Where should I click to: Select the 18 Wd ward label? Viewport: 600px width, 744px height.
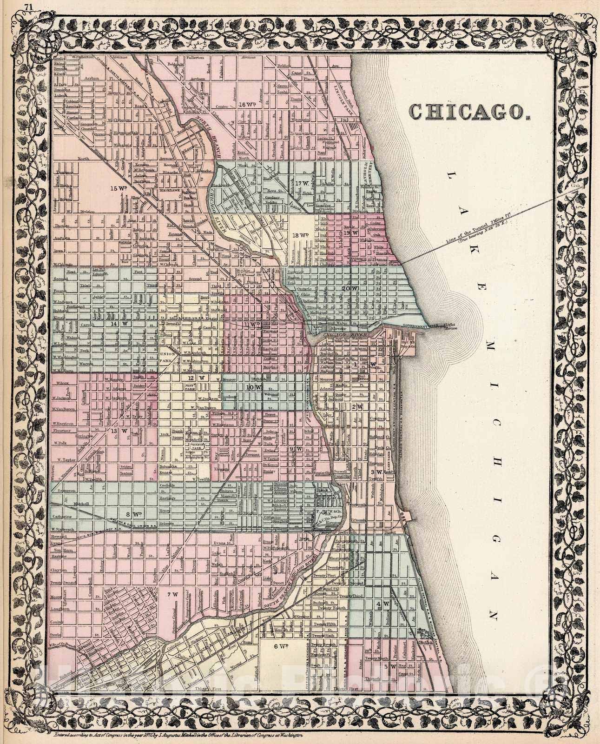300,236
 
